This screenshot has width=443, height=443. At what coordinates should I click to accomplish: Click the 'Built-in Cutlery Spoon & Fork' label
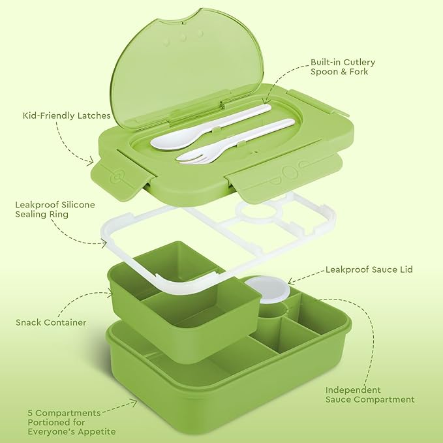[343, 67]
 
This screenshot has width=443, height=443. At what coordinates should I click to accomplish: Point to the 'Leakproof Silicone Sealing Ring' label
[55, 209]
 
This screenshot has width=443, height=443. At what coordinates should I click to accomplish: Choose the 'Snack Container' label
[51, 322]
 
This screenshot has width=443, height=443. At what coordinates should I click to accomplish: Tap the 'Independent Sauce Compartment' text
[370, 395]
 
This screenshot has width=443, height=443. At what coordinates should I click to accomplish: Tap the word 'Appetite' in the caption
[98, 431]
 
